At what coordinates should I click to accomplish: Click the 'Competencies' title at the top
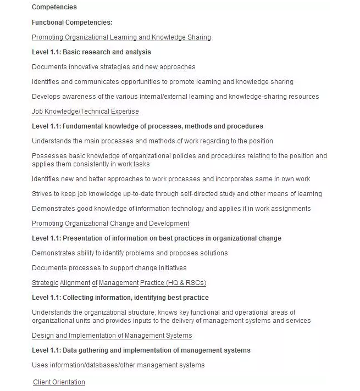54,7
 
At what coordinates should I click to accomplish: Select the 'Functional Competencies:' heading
72,23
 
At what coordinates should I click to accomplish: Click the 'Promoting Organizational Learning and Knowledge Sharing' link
121,37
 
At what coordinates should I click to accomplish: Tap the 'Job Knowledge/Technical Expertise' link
85,111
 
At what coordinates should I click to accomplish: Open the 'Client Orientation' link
59,382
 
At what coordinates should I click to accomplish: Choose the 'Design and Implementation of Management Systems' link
112,336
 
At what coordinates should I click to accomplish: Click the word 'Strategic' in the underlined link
45,283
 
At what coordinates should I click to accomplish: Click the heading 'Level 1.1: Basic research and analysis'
91,52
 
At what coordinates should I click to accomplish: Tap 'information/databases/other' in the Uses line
90,365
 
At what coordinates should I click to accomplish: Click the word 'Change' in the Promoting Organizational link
121,224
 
